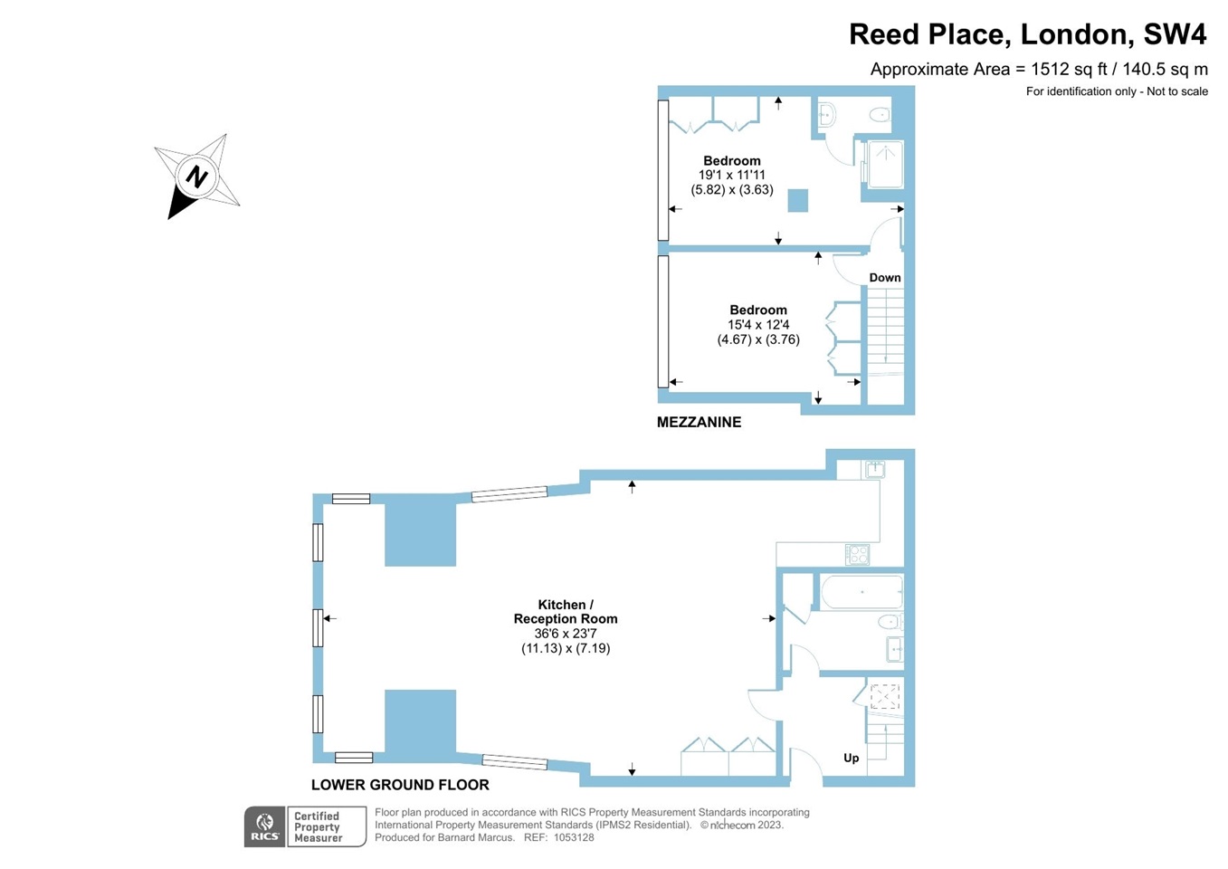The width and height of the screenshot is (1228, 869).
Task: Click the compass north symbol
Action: click(x=196, y=177)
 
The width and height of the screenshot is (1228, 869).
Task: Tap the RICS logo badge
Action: click(x=264, y=826)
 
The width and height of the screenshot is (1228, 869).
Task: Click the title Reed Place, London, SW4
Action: click(x=1027, y=34)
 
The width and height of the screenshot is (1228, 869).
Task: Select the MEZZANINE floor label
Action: click(x=699, y=422)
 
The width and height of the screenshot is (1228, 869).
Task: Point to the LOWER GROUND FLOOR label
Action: click(x=400, y=785)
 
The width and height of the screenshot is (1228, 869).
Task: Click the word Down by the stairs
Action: click(x=884, y=278)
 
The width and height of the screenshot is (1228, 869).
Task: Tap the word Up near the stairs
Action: click(x=851, y=758)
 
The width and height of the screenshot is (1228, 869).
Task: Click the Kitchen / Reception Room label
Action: click(x=566, y=612)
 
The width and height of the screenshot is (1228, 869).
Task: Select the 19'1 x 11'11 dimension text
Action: click(x=731, y=176)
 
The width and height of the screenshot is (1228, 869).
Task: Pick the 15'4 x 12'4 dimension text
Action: click(x=758, y=325)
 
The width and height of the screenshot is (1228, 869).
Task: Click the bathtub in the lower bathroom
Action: click(x=862, y=592)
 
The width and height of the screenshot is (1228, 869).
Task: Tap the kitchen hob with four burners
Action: click(x=856, y=554)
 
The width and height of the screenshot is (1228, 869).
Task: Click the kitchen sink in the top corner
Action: click(x=874, y=469)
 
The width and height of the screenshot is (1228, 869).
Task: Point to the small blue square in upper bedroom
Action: click(x=797, y=200)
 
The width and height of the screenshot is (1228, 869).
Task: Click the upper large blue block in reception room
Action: click(x=420, y=534)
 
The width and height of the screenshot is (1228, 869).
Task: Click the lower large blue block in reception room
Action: click(x=420, y=724)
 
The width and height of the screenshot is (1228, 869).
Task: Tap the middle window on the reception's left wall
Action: click(x=318, y=627)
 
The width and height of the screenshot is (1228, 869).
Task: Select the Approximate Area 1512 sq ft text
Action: click(x=1038, y=69)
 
